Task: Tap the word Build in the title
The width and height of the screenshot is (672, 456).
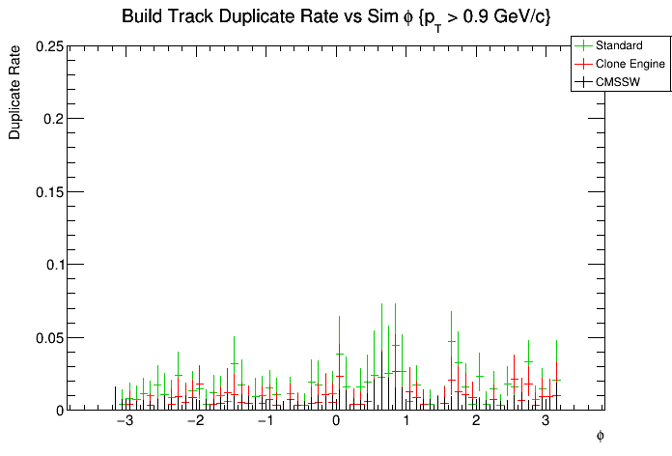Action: click(141, 17)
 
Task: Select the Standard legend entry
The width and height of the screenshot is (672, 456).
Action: click(619, 45)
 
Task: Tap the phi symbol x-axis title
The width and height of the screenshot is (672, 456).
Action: click(600, 437)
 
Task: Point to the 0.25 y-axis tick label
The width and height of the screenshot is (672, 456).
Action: click(49, 46)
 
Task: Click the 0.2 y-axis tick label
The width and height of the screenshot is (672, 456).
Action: click(53, 119)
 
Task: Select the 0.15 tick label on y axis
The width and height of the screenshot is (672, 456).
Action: click(49, 191)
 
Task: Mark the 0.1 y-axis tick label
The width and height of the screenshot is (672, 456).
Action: click(53, 265)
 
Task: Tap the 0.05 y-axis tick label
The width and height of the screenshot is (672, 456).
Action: click(49, 337)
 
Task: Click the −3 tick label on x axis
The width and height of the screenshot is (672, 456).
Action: click(125, 422)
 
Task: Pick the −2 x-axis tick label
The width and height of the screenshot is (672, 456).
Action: click(195, 422)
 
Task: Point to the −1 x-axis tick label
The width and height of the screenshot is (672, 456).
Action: click(265, 422)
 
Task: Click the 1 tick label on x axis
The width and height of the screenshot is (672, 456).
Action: click(406, 422)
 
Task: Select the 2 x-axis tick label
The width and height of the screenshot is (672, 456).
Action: click(476, 422)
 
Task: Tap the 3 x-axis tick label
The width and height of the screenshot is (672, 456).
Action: click(546, 422)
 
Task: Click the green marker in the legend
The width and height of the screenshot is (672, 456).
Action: click(583, 45)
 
